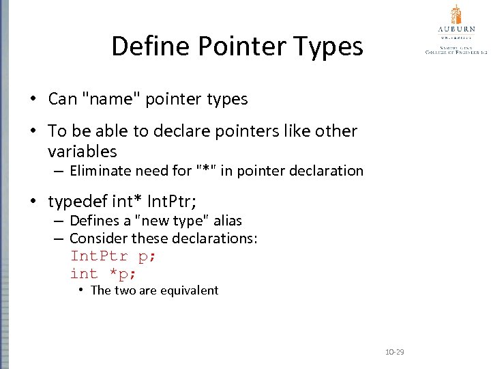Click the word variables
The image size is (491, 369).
coord(83,151)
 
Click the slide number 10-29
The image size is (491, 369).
coord(395,352)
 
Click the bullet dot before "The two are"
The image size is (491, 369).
coord(80,290)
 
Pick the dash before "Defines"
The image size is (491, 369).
coord(58,221)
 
